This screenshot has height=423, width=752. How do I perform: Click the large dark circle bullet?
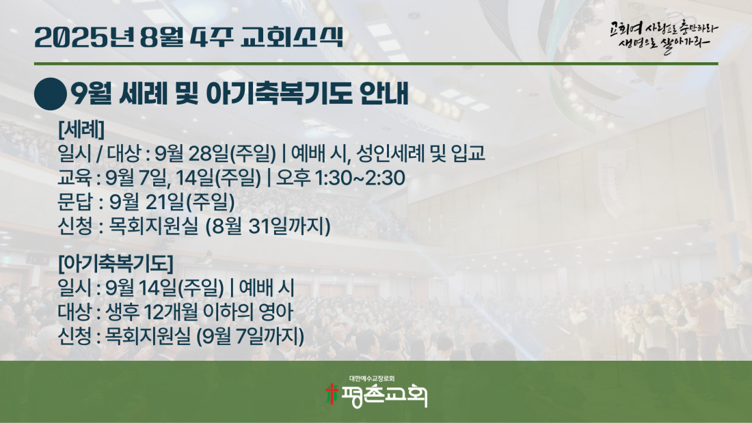51,94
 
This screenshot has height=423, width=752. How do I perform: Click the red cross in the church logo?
330,394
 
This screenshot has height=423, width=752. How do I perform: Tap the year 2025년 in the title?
84,38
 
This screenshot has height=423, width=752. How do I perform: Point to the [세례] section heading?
81,129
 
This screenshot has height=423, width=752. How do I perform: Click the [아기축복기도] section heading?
116,263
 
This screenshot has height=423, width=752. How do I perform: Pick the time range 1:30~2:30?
360,178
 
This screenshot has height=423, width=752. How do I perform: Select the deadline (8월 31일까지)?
267,226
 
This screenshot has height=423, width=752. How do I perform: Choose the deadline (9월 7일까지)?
250,336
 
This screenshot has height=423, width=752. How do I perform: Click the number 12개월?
171,312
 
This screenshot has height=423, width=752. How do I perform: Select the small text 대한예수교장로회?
372,379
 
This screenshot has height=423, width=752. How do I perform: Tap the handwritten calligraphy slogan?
664,36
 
